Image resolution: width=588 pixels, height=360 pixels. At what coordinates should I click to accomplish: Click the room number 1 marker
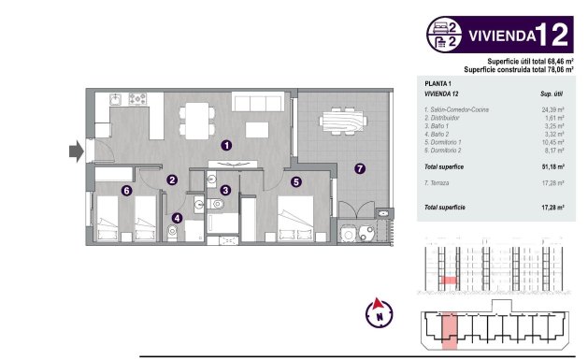(x=225, y=146)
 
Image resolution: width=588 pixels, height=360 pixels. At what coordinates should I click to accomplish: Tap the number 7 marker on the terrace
(x=361, y=168)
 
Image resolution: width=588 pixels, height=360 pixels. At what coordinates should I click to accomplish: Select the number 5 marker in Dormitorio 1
(x=295, y=183)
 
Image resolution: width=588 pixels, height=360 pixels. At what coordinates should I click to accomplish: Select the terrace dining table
(x=342, y=121)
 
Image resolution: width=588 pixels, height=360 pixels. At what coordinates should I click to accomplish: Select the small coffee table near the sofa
(x=258, y=127)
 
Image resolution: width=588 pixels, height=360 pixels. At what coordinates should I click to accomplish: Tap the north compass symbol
(x=379, y=311)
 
